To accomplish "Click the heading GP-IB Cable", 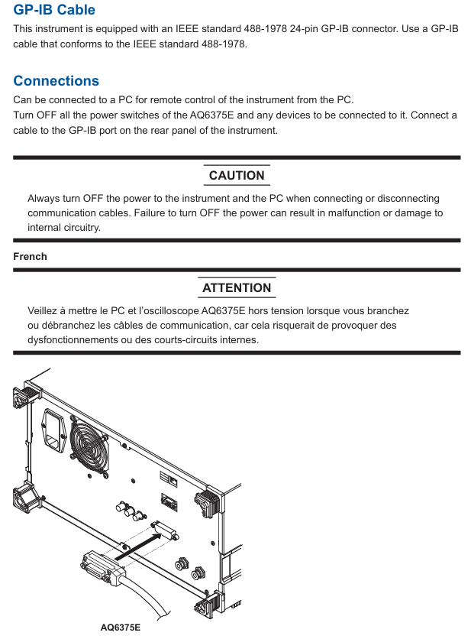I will coord(54,10).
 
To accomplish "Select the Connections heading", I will coord(56,81).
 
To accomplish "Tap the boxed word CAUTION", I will coord(237,175).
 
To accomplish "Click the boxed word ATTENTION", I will coord(237,287).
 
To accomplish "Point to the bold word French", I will coord(30,256).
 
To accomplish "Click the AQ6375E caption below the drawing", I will coord(121,628).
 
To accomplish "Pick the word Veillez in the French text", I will coord(44,311).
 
